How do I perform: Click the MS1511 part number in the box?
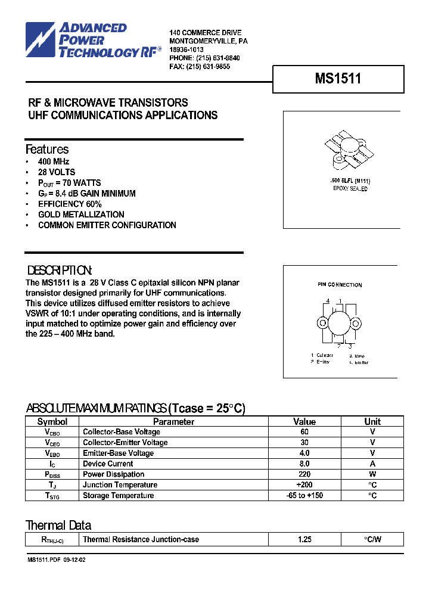[x=338, y=79]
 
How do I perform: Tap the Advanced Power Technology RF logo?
[x=93, y=40]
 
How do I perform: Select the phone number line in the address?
[x=204, y=58]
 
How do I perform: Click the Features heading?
[x=47, y=150]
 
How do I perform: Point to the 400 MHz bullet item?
[x=54, y=161]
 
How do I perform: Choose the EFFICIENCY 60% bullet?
[x=70, y=204]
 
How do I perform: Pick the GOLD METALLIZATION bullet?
[x=81, y=215]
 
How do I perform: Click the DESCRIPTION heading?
[x=59, y=269]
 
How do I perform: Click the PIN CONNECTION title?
[x=340, y=285]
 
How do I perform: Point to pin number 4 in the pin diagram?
[x=328, y=301]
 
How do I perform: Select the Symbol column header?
[x=52, y=421]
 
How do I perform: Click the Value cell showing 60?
[x=304, y=432]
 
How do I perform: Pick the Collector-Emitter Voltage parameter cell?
[x=125, y=443]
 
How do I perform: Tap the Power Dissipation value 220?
[x=304, y=474]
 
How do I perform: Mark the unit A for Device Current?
[x=372, y=464]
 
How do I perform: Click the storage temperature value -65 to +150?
[x=304, y=496]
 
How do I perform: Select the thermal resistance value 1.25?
[x=304, y=539]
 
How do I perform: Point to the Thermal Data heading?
[x=58, y=526]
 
